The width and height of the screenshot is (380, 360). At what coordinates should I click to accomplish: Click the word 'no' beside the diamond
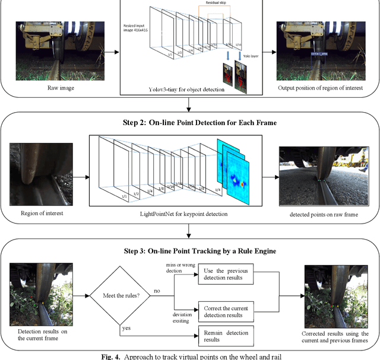157,291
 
